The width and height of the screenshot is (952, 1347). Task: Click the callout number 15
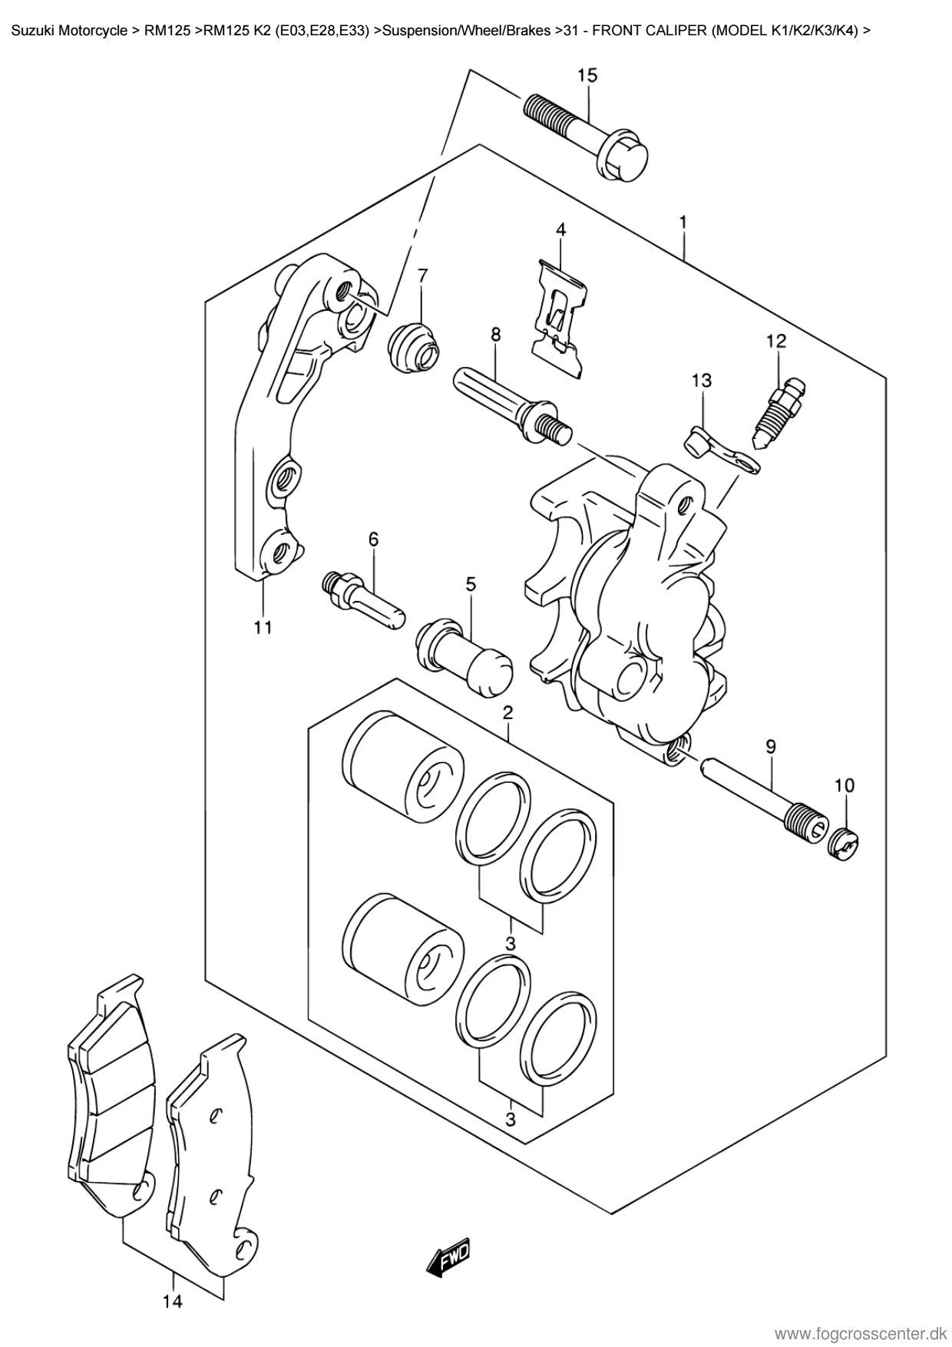tap(587, 75)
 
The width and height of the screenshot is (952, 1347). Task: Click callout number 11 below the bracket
tap(263, 628)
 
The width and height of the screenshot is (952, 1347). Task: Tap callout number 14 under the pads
tap(173, 1302)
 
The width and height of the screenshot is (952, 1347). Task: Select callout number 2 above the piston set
tap(507, 713)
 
